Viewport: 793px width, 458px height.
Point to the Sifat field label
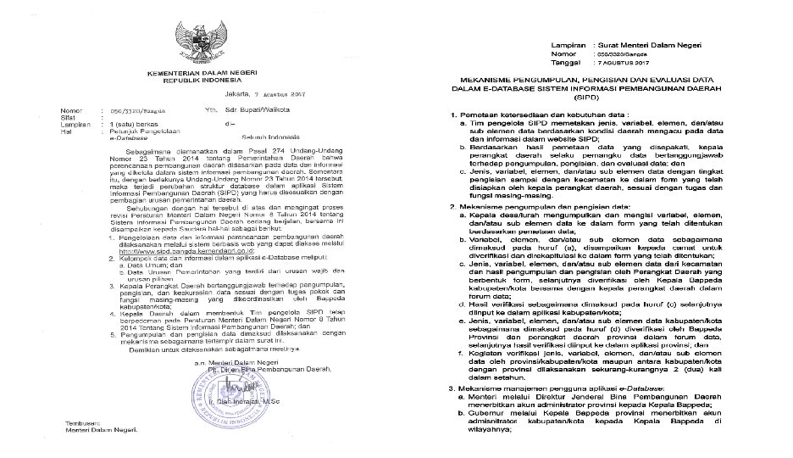click(x=66, y=117)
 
